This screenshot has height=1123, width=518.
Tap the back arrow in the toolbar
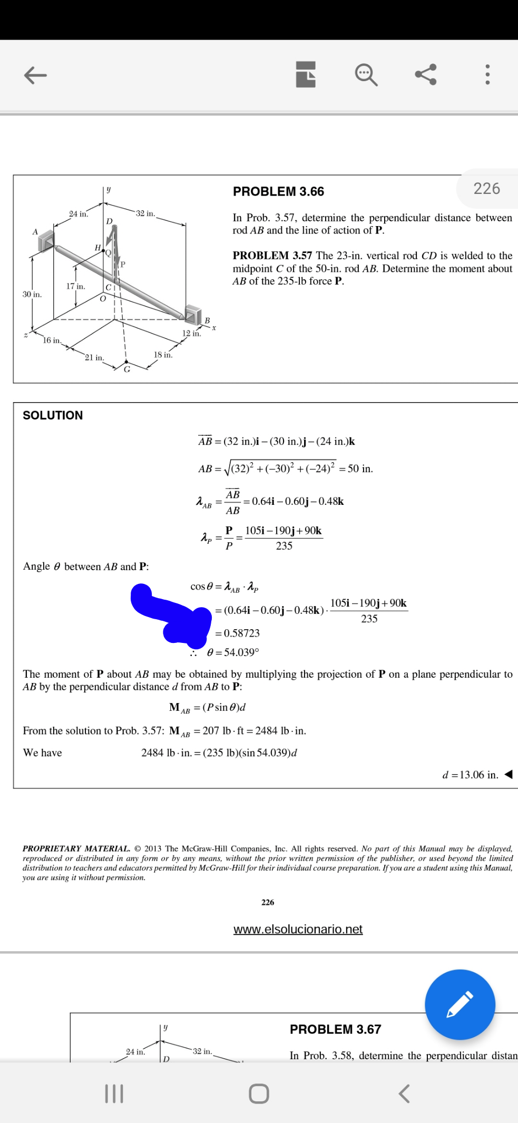click(x=35, y=75)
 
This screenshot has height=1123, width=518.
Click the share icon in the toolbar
click(x=425, y=74)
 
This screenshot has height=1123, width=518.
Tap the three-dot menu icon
click(x=487, y=74)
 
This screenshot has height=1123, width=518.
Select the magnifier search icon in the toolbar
click(x=366, y=74)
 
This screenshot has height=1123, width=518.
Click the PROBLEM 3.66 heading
click(x=278, y=192)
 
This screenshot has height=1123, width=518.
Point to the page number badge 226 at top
click(x=486, y=189)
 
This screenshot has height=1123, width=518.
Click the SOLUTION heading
click(x=53, y=415)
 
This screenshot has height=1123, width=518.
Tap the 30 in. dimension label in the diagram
click(x=32, y=294)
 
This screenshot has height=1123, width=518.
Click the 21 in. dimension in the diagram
click(x=95, y=358)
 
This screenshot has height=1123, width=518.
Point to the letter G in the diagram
click(x=127, y=369)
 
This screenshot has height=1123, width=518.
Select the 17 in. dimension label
click(x=75, y=286)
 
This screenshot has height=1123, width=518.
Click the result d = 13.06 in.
click(x=470, y=775)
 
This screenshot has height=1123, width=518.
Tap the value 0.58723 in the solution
click(x=241, y=633)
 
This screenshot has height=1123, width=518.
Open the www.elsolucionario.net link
click(x=298, y=929)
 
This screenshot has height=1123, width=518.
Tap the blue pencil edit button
click(x=460, y=1004)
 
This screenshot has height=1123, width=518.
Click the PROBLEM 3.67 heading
click(x=335, y=1029)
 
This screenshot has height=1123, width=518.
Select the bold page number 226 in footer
click(x=268, y=902)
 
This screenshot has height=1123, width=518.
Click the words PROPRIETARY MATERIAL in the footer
click(x=76, y=848)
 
